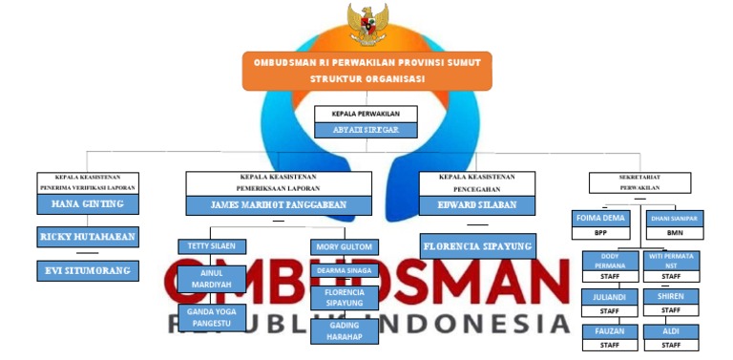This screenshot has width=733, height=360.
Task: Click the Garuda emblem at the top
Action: [366, 25]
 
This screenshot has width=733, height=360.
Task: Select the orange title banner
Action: [366, 71]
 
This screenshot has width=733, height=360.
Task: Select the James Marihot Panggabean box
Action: [279, 204]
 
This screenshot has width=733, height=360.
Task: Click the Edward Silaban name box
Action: [476, 204]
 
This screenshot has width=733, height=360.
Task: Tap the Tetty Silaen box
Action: [212, 246]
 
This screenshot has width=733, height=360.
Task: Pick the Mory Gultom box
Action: [345, 247]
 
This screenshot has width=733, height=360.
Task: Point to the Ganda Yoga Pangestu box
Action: [212, 317]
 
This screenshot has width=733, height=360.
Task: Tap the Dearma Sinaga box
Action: [345, 270]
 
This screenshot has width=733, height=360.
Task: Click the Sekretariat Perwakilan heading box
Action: [639, 182]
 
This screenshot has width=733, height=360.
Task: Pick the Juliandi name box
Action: [609, 296]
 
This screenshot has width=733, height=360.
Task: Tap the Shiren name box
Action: [671, 296]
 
